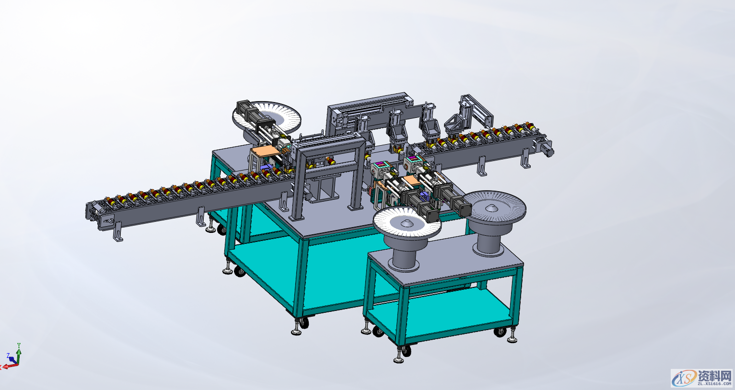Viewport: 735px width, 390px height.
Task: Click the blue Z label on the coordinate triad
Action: point(8,356)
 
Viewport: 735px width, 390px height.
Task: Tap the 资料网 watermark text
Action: point(714,375)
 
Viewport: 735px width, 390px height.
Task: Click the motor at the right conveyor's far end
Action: point(546,148)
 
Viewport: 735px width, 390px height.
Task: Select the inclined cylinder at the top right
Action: point(479,109)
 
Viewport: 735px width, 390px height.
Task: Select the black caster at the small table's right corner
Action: point(501,332)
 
